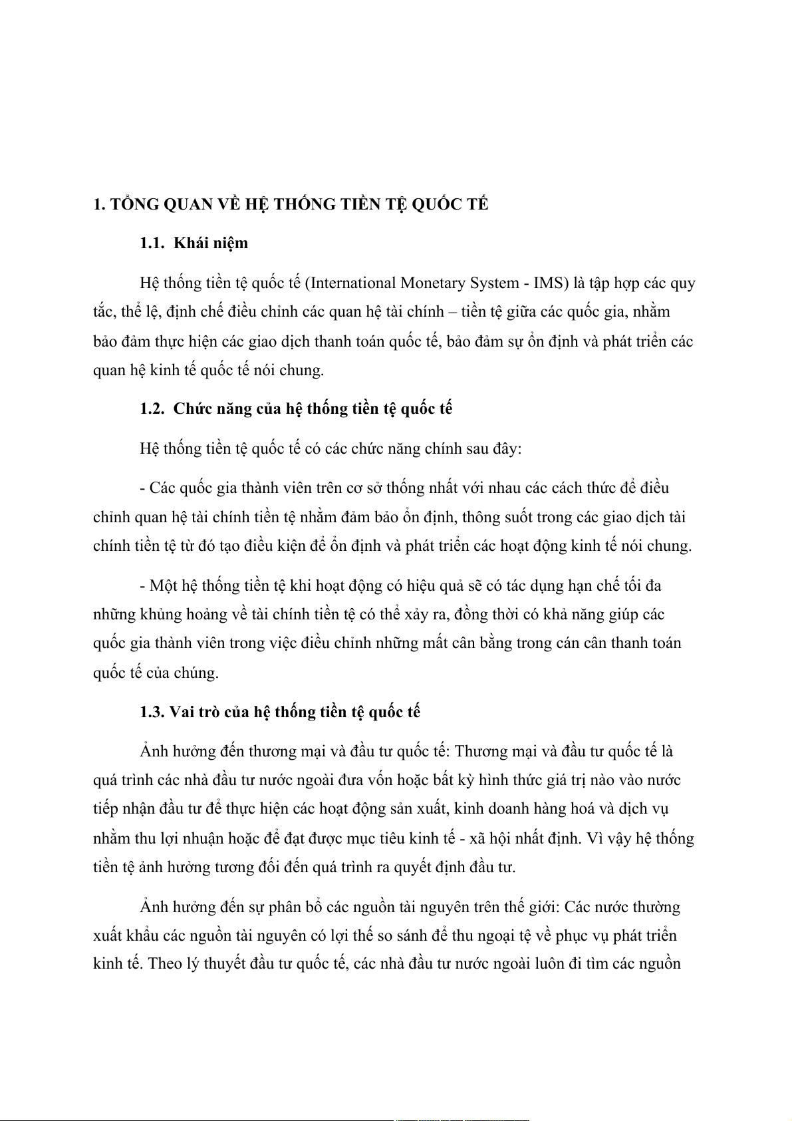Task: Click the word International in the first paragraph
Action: tap(352, 283)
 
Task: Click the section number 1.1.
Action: tap(152, 243)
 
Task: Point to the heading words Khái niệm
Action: tap(211, 243)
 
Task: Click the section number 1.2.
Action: tap(152, 409)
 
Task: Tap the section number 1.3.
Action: tap(152, 713)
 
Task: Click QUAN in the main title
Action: tap(188, 204)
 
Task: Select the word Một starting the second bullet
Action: tap(163, 586)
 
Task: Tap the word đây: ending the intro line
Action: tap(507, 449)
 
